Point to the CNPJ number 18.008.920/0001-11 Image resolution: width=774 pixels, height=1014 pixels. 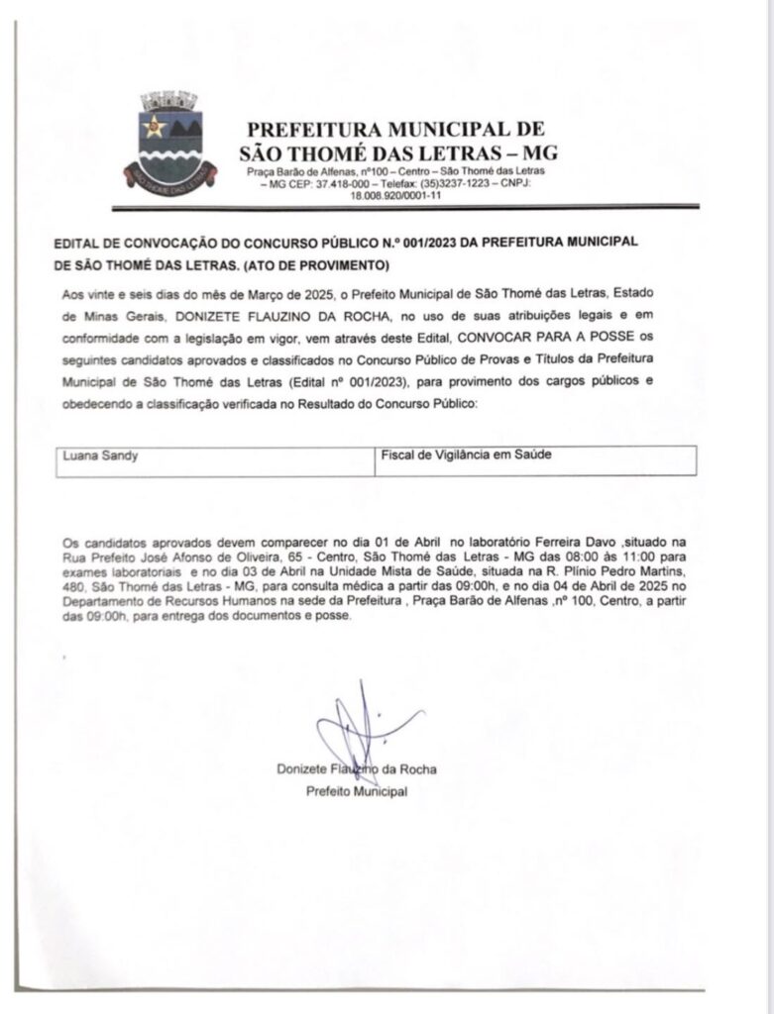[x=395, y=196]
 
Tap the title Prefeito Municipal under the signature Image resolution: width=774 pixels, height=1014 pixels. [x=357, y=791]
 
